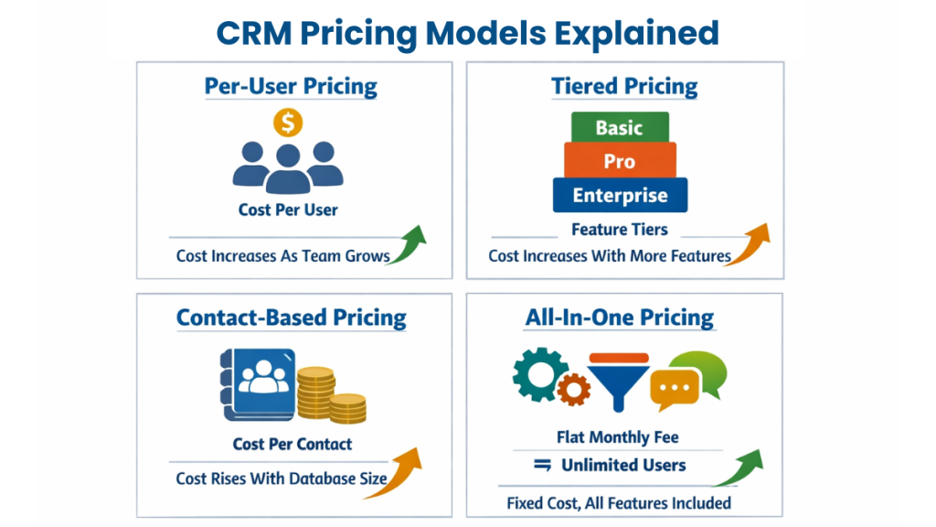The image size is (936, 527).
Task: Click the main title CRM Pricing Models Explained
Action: tap(467, 33)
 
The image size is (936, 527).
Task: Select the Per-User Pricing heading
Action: tap(291, 87)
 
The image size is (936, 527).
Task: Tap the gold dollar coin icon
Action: tap(288, 122)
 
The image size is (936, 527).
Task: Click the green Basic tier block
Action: tap(619, 127)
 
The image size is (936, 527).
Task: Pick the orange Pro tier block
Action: tap(619, 161)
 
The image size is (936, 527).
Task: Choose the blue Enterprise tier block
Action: tap(619, 196)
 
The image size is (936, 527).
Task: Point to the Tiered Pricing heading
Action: tap(624, 87)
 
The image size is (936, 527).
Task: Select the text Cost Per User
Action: tap(288, 210)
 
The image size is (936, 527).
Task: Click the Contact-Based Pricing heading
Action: tap(291, 317)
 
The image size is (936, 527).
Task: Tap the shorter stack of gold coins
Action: tap(347, 408)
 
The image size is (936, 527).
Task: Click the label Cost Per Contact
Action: tap(292, 444)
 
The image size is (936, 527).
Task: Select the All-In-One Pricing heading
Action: tap(619, 317)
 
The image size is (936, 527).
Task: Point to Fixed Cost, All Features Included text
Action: tap(618, 502)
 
